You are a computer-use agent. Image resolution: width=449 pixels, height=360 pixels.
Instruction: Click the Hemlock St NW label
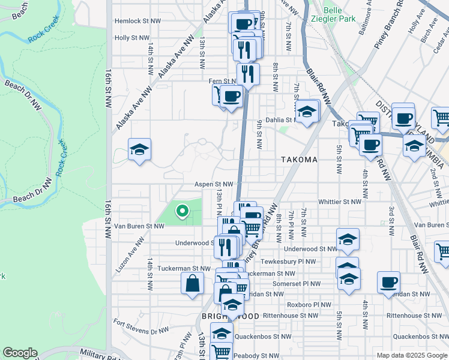click(137, 20)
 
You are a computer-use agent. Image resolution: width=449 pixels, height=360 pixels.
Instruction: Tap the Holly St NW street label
click(132, 38)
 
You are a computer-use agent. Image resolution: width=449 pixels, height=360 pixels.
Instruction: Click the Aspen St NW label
click(212, 184)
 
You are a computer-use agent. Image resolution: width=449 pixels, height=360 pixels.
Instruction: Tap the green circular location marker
click(182, 211)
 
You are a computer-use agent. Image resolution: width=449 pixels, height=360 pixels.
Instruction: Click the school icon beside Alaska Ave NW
click(139, 150)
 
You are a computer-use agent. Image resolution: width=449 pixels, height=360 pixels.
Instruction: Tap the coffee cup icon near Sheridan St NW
click(388, 283)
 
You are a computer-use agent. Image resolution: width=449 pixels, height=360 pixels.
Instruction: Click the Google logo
click(20, 353)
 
